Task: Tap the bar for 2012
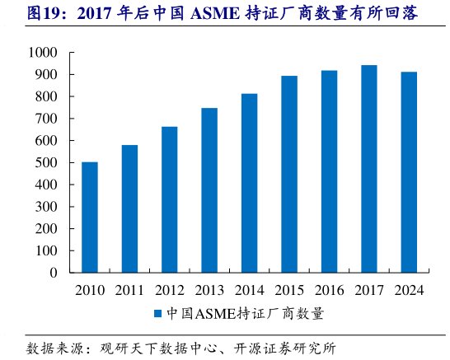169,199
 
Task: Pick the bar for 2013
209,189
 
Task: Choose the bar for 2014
249,183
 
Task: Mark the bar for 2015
288,174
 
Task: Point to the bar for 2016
329,171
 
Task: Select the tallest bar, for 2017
368,168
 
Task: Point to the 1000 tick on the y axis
41,53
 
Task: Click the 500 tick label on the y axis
45,163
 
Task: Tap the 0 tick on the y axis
53,273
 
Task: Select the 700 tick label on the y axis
45,119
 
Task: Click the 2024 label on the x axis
409,289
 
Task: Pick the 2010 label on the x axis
90,289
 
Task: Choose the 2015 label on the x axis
288,289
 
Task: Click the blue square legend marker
157,314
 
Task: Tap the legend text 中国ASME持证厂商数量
245,314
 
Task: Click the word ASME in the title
216,14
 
